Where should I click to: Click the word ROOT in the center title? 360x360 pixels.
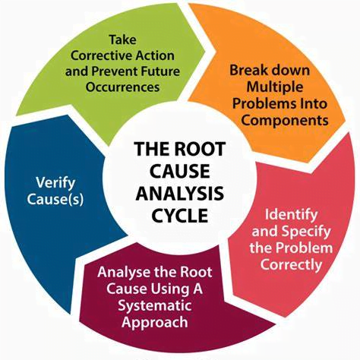coord(200,149)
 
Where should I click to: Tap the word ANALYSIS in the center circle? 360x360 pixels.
coord(180,194)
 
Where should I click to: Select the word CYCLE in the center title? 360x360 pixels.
coord(180,216)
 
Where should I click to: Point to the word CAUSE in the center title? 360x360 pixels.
coord(180,171)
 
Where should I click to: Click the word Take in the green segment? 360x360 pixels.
coord(123,39)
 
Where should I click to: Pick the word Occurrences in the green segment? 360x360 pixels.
coord(122,87)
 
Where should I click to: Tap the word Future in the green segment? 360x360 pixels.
coord(160,71)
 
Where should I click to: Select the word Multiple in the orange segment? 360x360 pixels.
coord(275,87)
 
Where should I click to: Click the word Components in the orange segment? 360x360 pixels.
coord(285,121)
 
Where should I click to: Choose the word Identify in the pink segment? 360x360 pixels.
coord(291,215)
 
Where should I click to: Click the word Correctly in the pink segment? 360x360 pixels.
coord(291,265)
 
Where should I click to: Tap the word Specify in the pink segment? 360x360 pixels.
coord(306,232)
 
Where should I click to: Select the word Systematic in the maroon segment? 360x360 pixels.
coord(155,305)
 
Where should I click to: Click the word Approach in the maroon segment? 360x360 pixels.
coord(155,322)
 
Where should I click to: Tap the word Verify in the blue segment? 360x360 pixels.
coord(55,183)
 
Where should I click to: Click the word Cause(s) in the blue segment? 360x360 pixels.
coord(55,200)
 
